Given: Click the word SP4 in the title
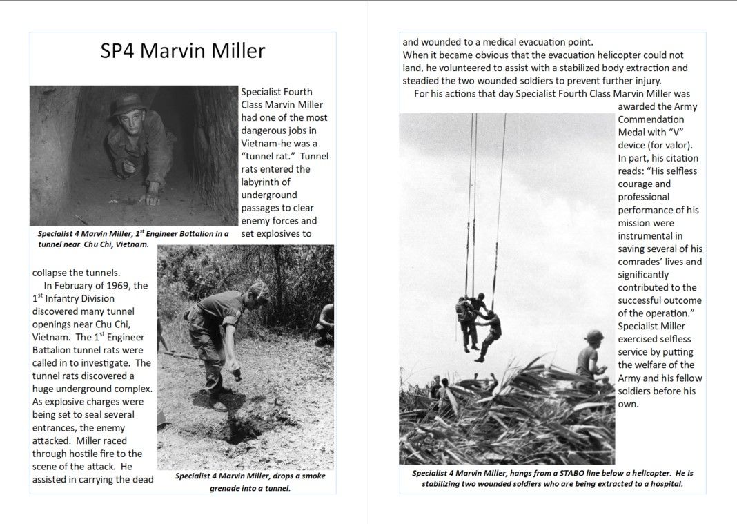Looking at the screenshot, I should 117,51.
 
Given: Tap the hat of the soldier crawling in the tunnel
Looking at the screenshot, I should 130,104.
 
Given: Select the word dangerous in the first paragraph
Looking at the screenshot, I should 266,130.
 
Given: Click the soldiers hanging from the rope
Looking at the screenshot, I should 478,324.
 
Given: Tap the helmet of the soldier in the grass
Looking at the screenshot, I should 593,336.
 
